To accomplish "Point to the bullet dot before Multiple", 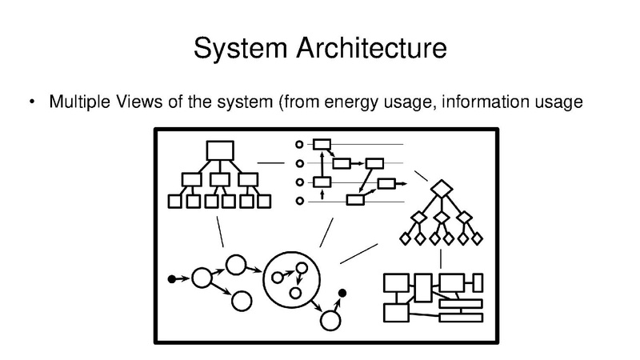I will pos(32,102).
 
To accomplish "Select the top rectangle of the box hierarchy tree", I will pos(219,150).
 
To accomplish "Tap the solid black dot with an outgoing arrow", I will pos(171,278).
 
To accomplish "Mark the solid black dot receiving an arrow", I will pos(343,294).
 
